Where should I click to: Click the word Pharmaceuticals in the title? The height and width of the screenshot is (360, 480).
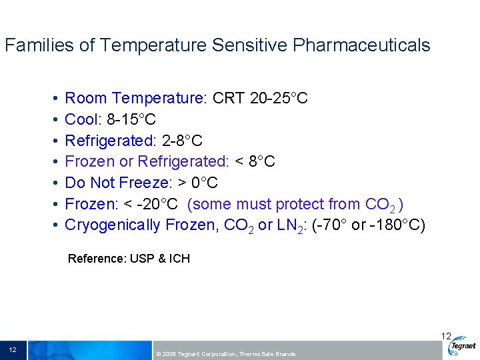(361, 45)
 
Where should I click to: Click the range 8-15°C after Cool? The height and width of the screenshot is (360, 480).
(131, 120)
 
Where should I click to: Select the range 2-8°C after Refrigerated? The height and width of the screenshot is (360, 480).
(183, 141)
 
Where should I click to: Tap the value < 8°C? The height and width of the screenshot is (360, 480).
(255, 161)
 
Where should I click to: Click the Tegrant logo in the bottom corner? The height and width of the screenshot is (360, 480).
(462, 347)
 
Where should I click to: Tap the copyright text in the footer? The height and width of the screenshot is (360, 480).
(225, 353)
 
